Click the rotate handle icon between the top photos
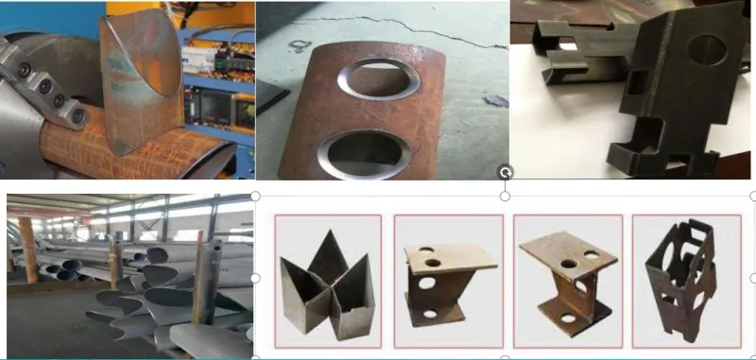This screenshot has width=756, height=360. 506,172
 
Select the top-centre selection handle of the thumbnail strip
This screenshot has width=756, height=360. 506,196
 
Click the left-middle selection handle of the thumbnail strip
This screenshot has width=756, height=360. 256,278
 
